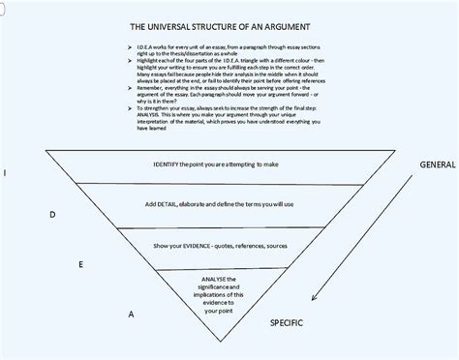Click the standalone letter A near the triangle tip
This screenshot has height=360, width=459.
pyautogui.click(x=131, y=315)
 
